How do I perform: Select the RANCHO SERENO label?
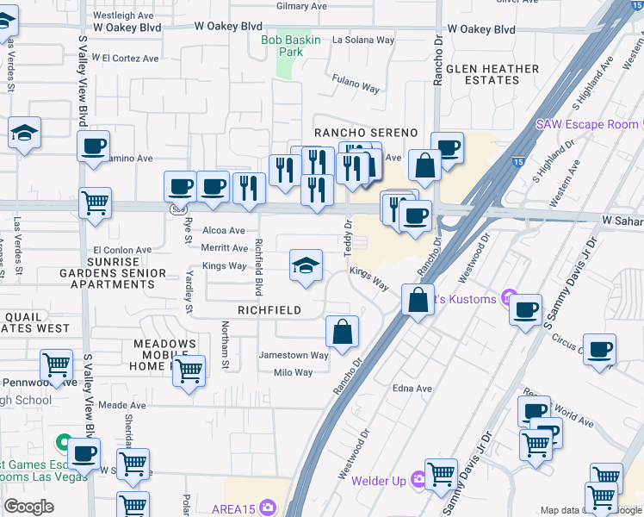365,133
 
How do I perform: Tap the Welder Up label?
380,480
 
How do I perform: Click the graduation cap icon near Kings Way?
306,265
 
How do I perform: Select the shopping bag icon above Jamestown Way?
342,331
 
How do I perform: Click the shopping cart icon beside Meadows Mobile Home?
189,371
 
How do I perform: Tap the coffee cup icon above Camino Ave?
94,146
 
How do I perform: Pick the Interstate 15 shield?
517,161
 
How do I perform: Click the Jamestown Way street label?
294,355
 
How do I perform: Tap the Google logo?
29,506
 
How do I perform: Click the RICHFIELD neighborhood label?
269,310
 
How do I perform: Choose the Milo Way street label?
293,372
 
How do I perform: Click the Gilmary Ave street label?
302,6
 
